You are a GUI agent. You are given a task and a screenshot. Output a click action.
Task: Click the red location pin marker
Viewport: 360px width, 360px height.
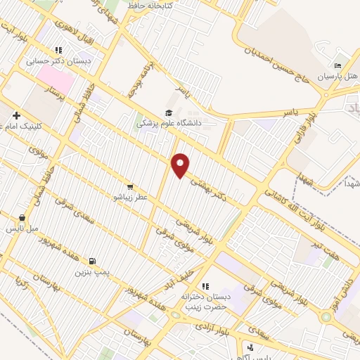click(x=181, y=166)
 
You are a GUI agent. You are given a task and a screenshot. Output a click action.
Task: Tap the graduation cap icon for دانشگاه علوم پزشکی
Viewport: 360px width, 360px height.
click(x=168, y=112)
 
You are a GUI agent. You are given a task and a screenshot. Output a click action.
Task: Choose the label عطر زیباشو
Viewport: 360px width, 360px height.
click(x=131, y=198)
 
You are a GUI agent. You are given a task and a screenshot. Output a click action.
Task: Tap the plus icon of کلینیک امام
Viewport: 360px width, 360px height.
click(x=15, y=115)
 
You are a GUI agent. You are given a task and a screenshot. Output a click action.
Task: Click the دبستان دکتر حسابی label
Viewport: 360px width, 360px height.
click(x=51, y=61)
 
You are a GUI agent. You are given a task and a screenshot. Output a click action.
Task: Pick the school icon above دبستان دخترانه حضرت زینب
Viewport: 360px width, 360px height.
click(x=205, y=286)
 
